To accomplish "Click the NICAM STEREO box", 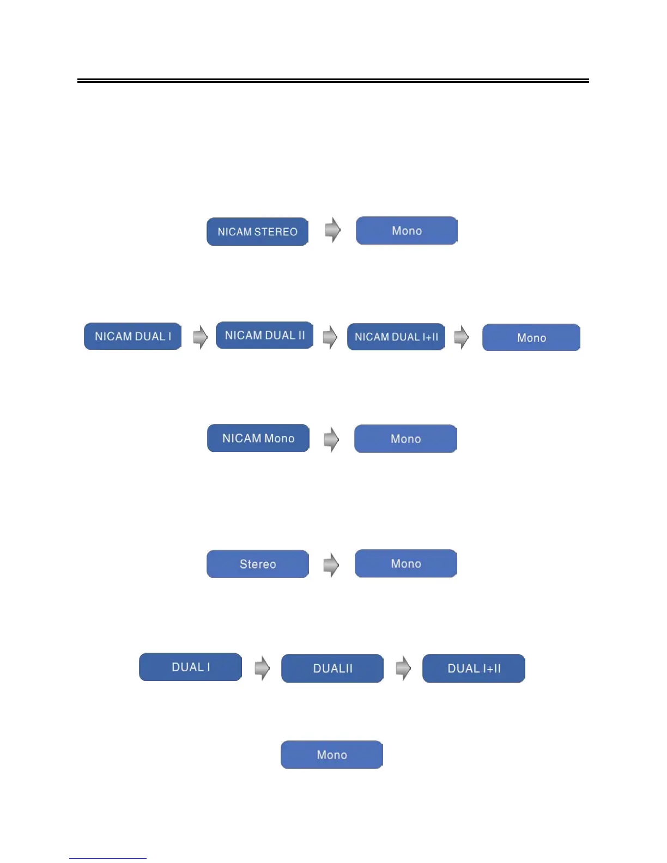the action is coord(257,232).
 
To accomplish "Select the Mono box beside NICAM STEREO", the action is coord(407,230).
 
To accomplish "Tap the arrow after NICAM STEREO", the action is coord(332,230).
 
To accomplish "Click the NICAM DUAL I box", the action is coord(132,336).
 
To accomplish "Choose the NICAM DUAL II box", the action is coord(264,335).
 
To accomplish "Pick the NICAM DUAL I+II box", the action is coord(396,337).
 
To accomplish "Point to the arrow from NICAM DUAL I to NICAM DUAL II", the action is coord(200,337).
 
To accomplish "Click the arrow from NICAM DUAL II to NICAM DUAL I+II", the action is coord(330,337).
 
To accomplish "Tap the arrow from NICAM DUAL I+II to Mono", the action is coord(461,337).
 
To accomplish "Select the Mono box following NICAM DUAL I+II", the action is coord(531,338).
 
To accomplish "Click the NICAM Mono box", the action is coord(258,438).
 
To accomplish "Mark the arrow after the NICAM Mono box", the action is coord(331,439).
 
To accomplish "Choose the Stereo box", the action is coord(258,564).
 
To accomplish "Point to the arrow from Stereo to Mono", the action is coord(331,564).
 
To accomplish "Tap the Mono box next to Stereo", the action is coord(406,563).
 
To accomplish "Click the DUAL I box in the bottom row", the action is coord(190,667).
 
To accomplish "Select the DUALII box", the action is coord(332,668).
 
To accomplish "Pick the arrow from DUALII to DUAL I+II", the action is coord(403,668).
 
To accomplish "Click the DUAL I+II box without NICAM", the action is coord(474,668).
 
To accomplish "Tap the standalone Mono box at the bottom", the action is coord(332,755).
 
